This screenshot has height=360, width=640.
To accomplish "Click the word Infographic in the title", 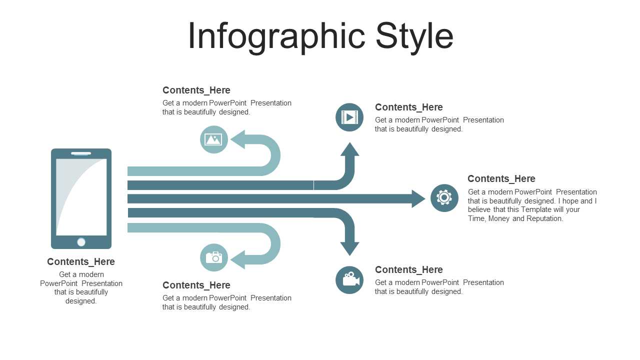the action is [x=276, y=37].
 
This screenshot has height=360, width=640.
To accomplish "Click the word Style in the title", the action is [x=414, y=37].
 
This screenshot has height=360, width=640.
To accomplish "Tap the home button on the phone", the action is [x=81, y=242].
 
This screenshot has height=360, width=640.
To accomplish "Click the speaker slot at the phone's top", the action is [x=81, y=153].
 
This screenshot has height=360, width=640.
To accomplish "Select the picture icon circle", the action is [x=214, y=139].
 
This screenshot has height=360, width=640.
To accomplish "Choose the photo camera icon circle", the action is [x=214, y=257].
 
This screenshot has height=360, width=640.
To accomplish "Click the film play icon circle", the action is [x=349, y=117].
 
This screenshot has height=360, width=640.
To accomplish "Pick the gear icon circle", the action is [x=444, y=198].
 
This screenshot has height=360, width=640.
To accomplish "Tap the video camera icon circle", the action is [x=349, y=280].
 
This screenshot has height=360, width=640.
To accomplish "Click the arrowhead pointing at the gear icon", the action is [x=418, y=199].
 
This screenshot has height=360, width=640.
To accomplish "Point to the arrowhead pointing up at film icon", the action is [x=349, y=149].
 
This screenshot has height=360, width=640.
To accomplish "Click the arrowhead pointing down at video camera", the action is [x=349, y=249].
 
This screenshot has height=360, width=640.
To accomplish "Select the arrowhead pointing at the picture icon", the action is [x=237, y=139].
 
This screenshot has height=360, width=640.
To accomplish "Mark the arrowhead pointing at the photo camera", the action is [x=237, y=259].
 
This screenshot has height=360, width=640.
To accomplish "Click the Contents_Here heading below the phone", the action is [x=81, y=262].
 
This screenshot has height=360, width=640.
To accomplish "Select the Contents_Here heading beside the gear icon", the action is [x=501, y=179].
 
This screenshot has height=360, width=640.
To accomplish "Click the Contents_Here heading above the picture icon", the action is [x=196, y=90].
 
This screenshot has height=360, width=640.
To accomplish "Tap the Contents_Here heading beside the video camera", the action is [x=409, y=269].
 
